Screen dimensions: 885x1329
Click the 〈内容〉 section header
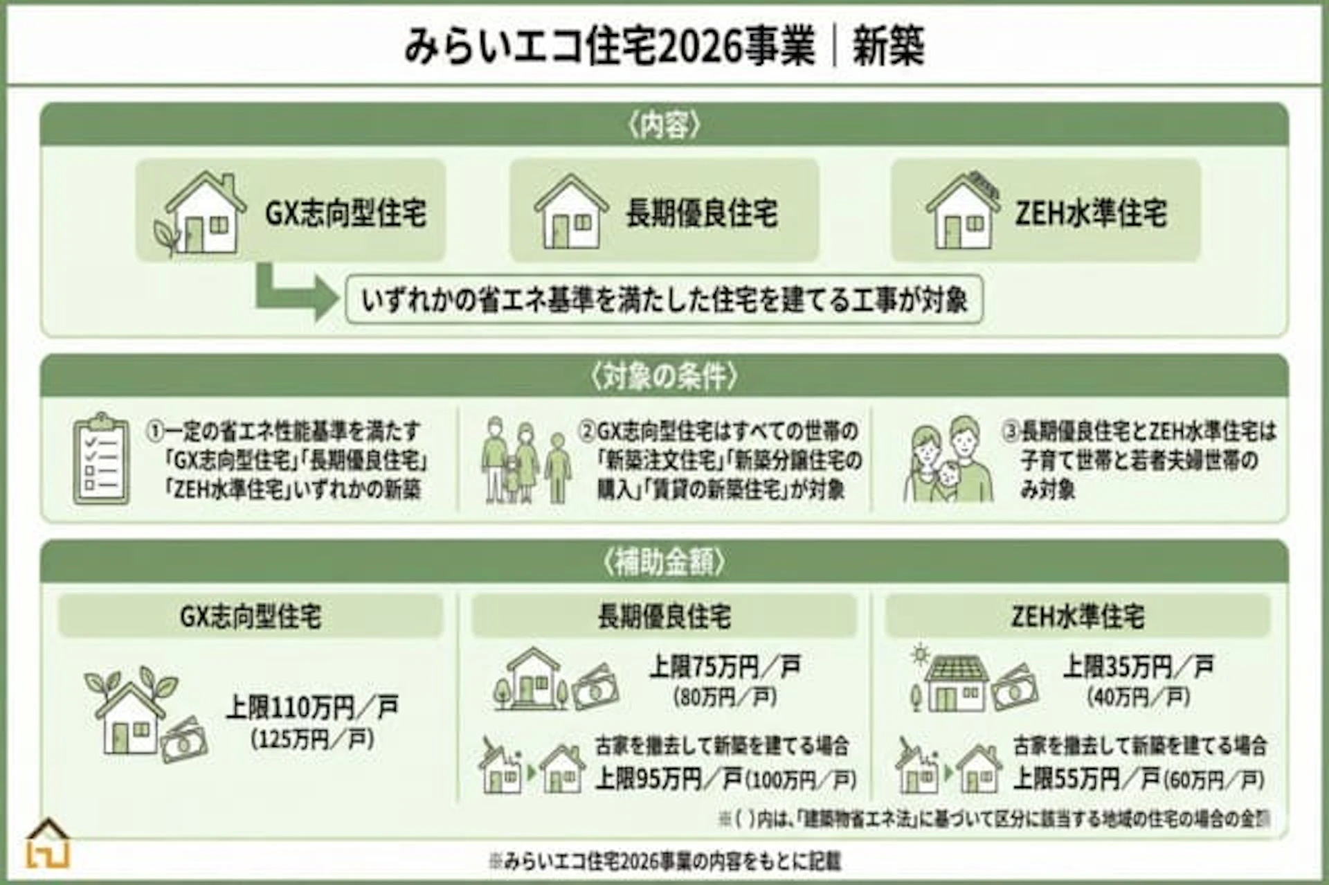click(664, 125)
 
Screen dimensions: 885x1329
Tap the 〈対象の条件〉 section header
click(664, 377)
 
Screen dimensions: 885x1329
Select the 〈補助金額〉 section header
click(664, 562)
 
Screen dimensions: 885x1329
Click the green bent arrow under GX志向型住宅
click(294, 294)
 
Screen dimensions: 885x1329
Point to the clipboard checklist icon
click(101, 459)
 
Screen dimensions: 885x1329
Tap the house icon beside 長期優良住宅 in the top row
click(571, 212)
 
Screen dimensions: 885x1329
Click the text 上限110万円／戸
click(312, 708)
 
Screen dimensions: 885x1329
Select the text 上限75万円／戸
click(725, 667)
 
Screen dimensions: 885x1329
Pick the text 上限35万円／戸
click(1138, 667)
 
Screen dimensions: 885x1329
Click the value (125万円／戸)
click(312, 740)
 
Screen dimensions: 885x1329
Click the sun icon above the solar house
click(920, 653)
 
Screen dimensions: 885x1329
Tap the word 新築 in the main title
click(888, 47)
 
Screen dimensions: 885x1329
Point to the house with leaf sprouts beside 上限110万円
click(132, 713)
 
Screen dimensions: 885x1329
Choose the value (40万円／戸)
click(1138, 697)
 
